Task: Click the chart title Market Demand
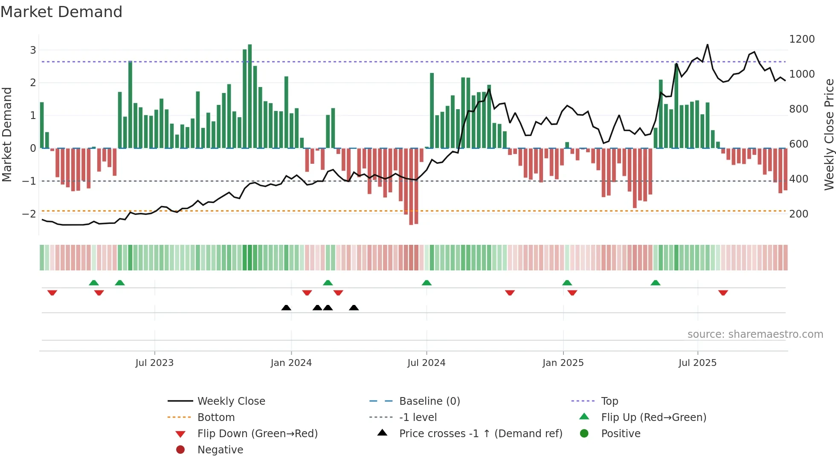point(61,12)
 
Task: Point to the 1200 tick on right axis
point(801,39)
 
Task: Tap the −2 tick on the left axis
point(29,214)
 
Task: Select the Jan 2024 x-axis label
point(291,363)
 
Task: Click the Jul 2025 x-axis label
point(697,363)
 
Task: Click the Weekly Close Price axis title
point(829,134)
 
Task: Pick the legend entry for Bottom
point(216,418)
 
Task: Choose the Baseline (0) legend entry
point(429,401)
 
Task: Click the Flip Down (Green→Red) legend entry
point(257,434)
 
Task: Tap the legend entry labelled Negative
point(220,450)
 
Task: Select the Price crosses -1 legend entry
point(480,434)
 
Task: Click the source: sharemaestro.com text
point(755,334)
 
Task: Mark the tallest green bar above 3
point(250,96)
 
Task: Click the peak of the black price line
point(707,45)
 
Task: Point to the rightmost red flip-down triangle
point(723,293)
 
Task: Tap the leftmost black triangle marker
point(286,308)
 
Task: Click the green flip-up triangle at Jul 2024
point(427,283)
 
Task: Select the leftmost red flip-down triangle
point(52,293)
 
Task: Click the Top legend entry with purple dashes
point(609,401)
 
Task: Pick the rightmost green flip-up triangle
point(656,283)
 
